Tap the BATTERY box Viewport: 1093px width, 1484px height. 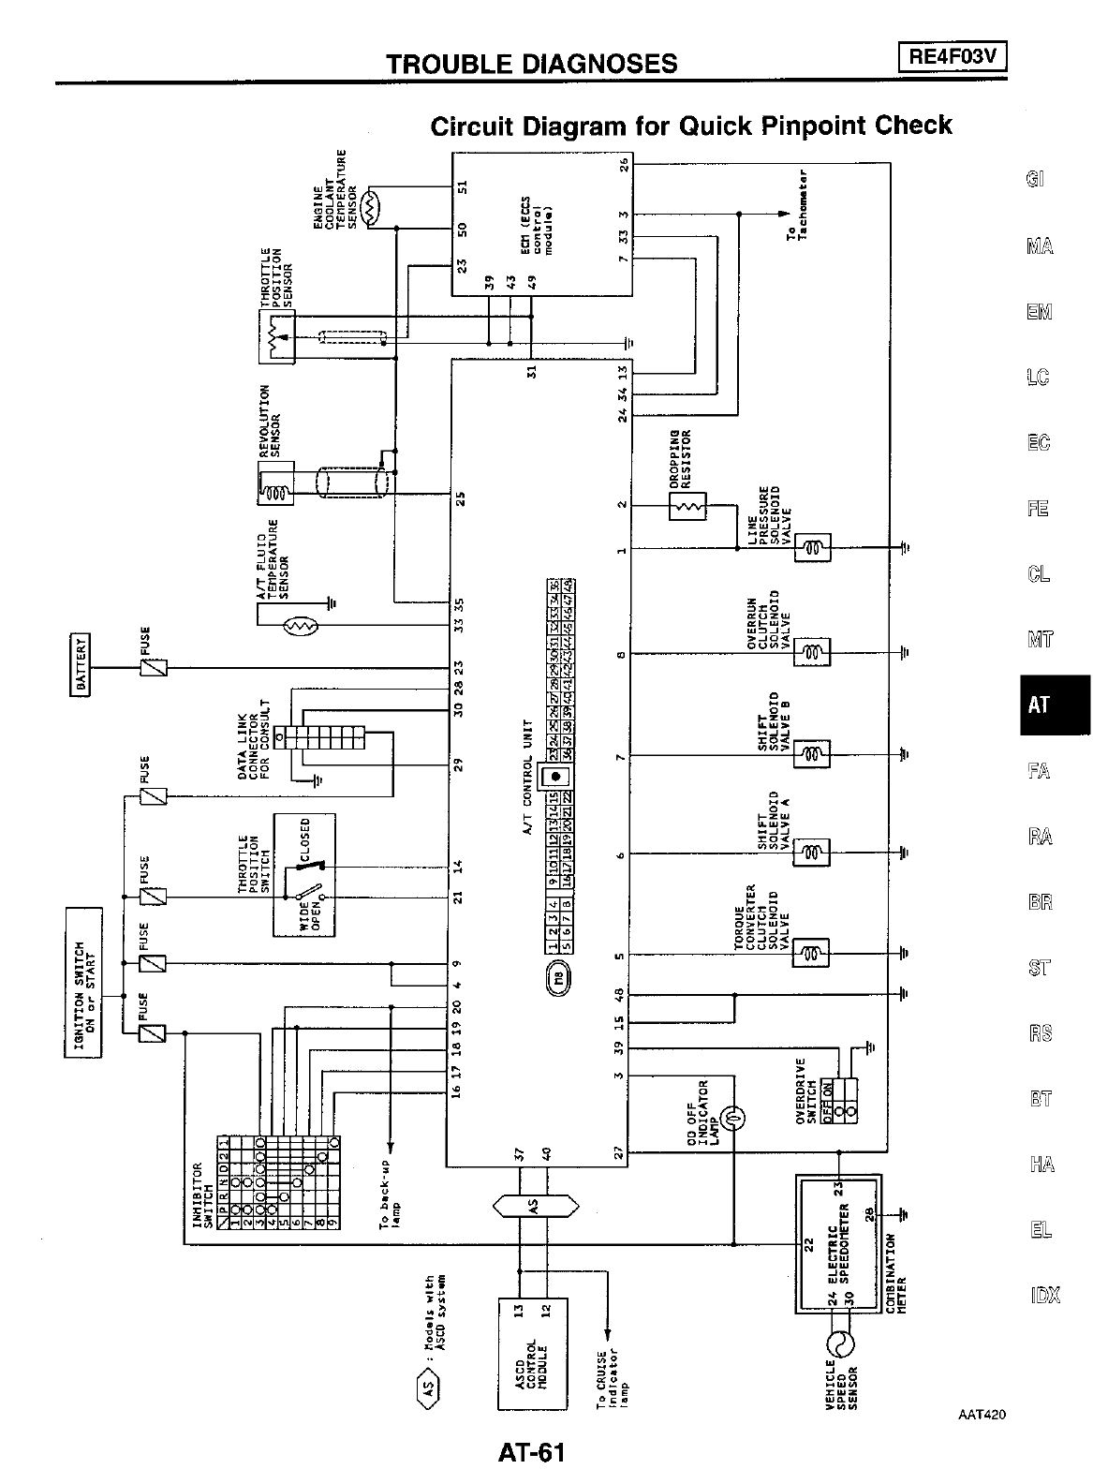coord(81,666)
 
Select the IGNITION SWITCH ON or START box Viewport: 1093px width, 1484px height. coord(81,983)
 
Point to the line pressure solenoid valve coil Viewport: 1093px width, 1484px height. coord(812,548)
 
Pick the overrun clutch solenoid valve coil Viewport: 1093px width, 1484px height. coord(812,652)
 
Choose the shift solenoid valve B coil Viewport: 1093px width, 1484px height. coord(812,753)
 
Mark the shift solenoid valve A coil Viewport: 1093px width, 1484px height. coord(812,853)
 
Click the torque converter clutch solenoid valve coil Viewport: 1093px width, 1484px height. coord(812,954)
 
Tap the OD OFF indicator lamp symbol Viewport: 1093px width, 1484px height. coord(733,1117)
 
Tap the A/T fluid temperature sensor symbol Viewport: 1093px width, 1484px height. coord(302,625)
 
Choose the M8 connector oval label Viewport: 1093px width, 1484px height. coord(559,980)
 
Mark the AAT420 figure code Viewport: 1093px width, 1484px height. coord(982,1416)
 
